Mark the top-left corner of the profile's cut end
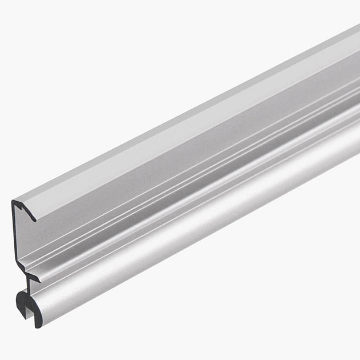[14, 202]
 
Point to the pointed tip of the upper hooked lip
[35, 219]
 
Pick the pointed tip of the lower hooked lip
[39, 279]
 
